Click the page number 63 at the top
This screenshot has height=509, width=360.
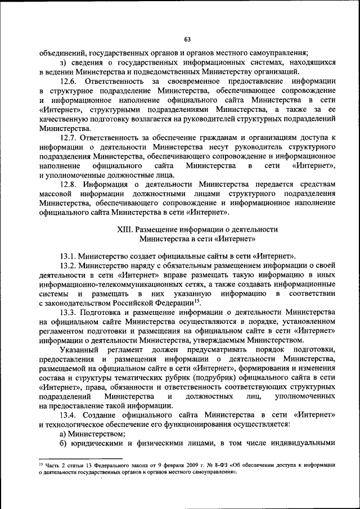click(187, 39)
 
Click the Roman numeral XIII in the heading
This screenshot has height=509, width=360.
click(123, 230)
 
